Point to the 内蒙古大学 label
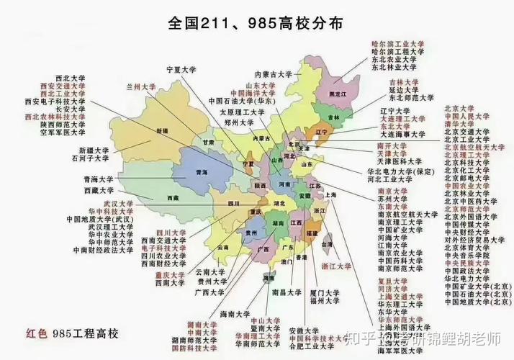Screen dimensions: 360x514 [274, 73]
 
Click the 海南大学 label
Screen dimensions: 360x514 [238, 315]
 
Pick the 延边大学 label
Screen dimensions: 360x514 [403, 90]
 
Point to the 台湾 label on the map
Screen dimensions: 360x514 [328, 245]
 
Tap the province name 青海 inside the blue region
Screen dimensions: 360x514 [202, 173]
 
